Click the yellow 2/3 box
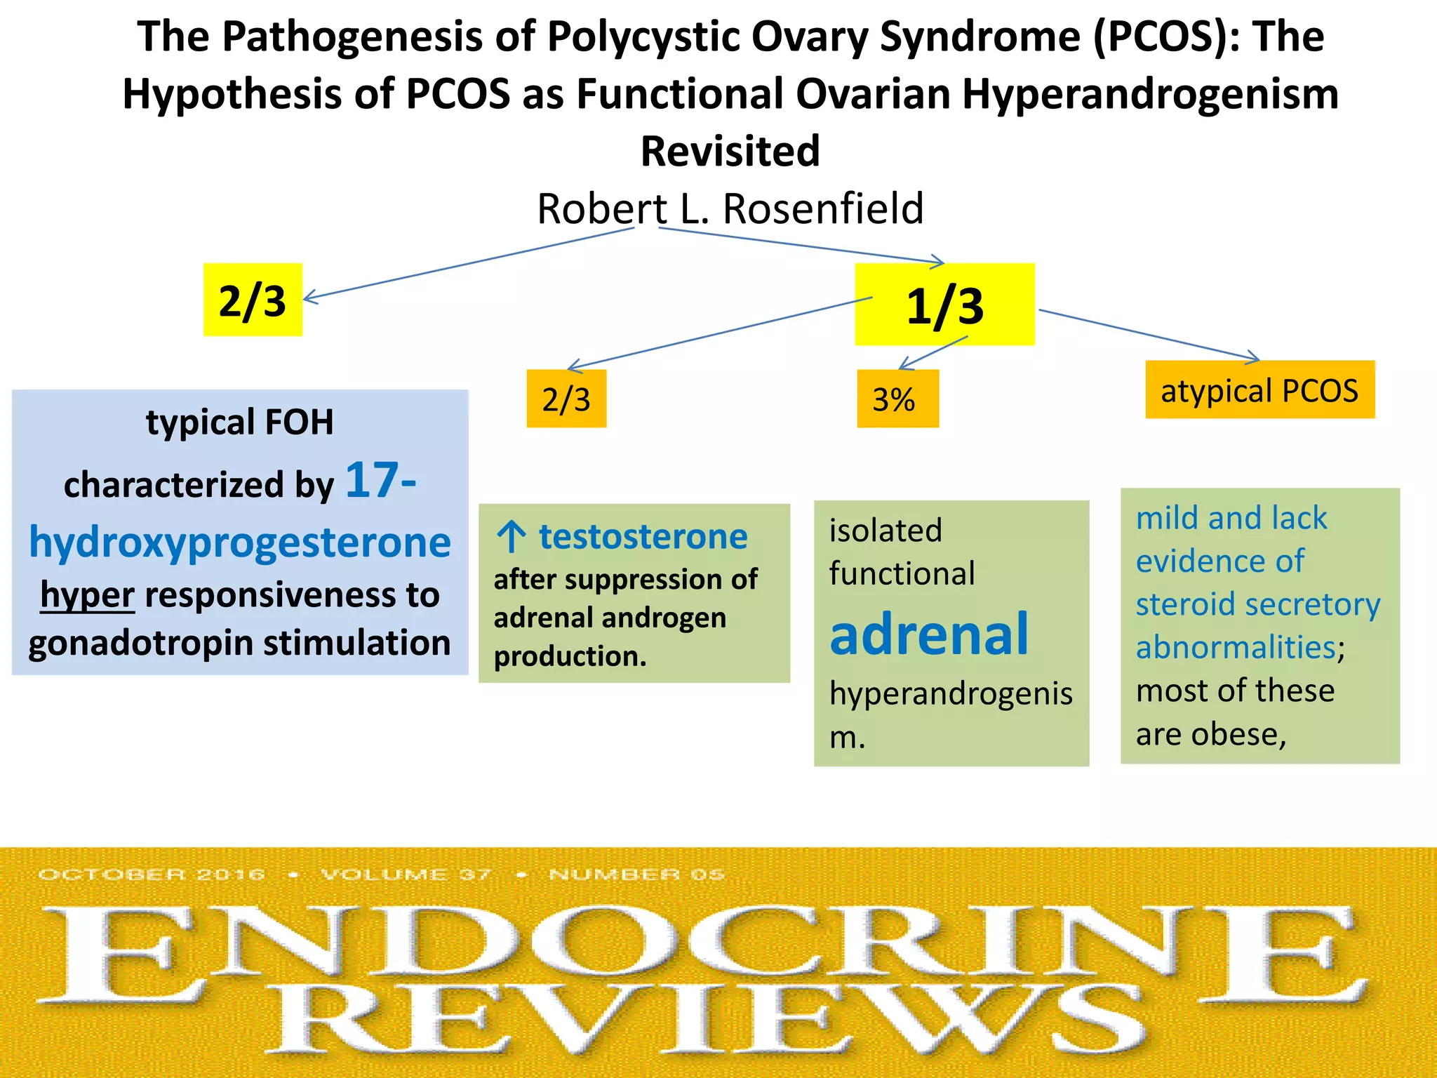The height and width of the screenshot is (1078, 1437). (253, 300)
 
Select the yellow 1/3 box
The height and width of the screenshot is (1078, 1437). (944, 305)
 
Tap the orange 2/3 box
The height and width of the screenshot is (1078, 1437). (566, 399)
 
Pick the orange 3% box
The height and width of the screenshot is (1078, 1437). (897, 399)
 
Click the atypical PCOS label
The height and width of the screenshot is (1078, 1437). (1259, 390)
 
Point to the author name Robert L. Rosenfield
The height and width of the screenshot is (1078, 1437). (730, 208)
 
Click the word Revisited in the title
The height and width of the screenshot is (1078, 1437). (730, 151)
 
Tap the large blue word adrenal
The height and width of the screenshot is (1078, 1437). (929, 634)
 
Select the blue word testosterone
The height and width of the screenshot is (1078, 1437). (643, 537)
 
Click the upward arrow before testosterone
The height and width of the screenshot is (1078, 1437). (511, 537)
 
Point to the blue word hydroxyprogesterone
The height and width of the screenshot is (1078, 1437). (240, 543)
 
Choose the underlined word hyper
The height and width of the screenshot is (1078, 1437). (87, 595)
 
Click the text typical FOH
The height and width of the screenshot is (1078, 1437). (240, 422)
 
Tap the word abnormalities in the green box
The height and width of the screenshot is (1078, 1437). (1236, 647)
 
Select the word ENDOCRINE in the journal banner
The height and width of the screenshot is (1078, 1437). (702, 951)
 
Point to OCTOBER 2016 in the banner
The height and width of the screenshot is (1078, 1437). (152, 874)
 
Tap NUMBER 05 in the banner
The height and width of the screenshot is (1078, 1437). (636, 874)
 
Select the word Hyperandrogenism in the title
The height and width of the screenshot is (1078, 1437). (1150, 94)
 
